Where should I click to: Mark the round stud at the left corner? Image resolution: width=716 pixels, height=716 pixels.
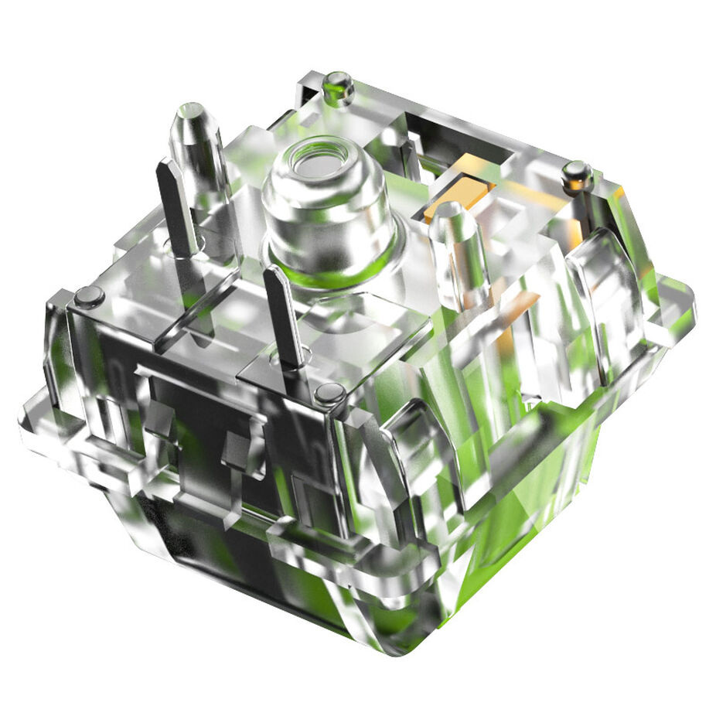pos(89,295)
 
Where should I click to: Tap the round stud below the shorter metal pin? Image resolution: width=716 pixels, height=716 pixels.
pos(329,394)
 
